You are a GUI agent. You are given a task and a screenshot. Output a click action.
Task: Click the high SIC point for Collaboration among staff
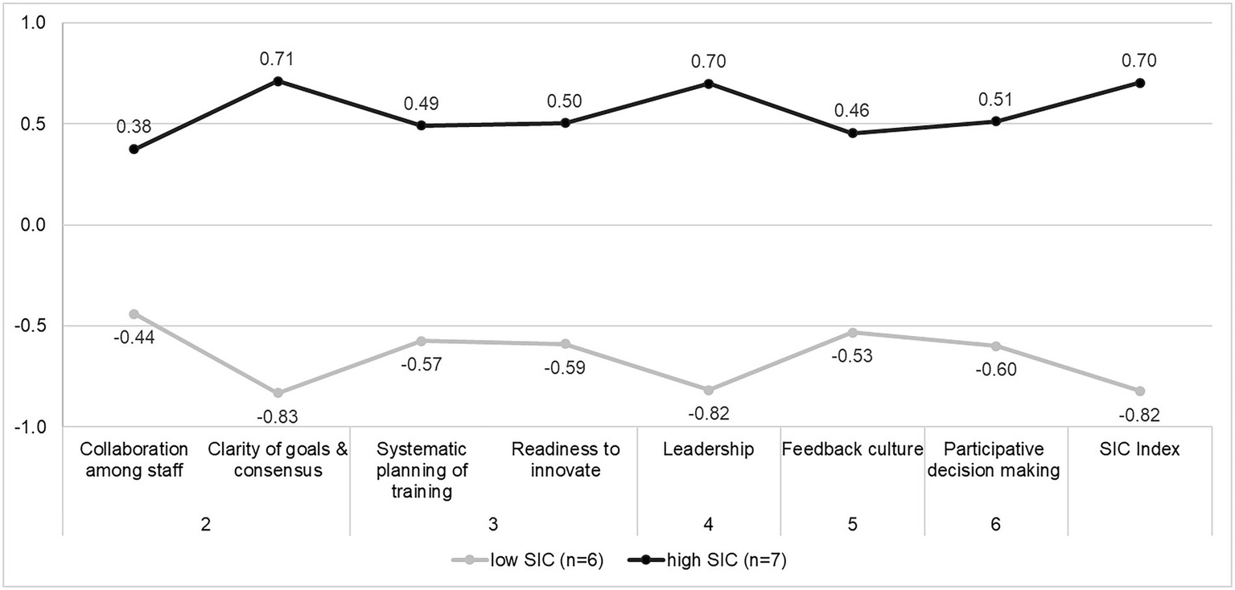coord(134,150)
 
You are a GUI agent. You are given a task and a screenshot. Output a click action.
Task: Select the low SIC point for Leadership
coord(709,390)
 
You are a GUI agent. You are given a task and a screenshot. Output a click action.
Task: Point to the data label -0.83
coord(278,416)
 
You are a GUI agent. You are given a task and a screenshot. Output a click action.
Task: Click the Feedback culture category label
coord(852,449)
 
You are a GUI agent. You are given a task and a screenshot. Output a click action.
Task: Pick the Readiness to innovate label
coord(565,460)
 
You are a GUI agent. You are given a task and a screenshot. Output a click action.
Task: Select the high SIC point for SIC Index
coord(1140,83)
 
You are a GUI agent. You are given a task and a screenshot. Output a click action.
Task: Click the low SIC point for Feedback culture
coord(852,332)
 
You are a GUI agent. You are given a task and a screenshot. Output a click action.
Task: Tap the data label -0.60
coord(996,370)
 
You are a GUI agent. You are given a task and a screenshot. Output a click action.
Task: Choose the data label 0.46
coord(852,110)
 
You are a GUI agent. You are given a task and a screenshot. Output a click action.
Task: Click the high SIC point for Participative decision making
coord(996,121)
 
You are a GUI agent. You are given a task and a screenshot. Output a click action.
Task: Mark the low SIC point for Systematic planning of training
coord(421,341)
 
